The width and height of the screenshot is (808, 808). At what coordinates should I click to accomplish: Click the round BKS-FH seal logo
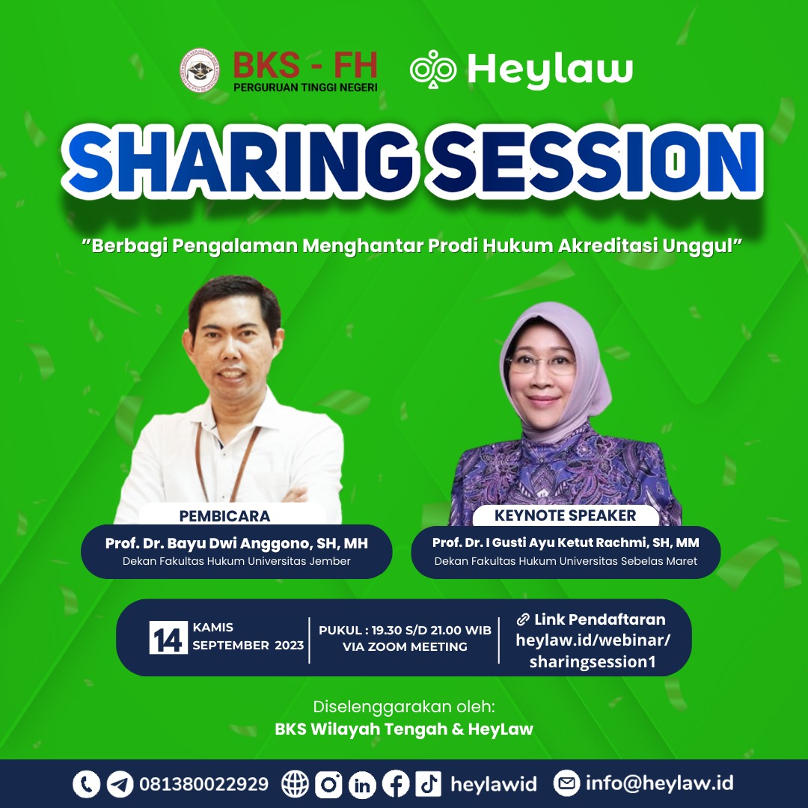199,70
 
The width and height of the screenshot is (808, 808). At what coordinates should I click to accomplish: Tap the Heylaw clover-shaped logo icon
433,69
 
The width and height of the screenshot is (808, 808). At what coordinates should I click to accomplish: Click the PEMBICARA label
224,515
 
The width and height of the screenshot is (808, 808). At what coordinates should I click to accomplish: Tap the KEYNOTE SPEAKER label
566,515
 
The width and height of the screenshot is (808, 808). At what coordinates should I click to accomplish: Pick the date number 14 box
168,637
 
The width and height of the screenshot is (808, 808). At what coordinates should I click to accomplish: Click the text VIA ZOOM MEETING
405,646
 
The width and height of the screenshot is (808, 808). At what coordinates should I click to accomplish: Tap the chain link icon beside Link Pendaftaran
523,619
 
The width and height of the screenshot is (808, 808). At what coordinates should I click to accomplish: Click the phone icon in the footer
86,784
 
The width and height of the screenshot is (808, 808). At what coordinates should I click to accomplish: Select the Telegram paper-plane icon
120,784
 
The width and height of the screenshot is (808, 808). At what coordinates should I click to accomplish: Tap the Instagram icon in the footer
328,784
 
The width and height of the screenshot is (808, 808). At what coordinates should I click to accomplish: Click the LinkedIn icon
362,784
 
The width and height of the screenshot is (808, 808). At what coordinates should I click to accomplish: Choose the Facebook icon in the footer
396,784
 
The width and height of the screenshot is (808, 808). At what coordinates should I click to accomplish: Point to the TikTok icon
429,784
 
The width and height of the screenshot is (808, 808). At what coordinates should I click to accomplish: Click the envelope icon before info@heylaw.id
566,783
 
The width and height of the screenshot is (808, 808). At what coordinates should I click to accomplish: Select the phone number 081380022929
204,784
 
